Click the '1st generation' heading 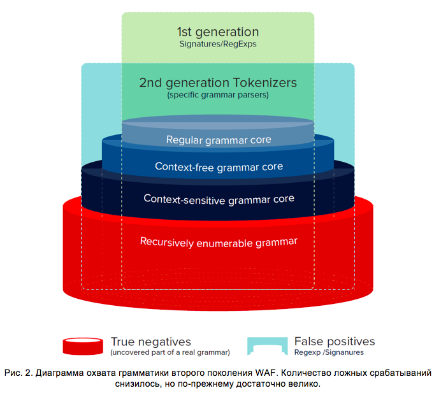click(218, 32)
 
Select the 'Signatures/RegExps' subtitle click(218, 44)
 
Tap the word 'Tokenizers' click(265, 83)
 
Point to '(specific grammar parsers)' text click(218, 95)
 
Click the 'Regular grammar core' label click(219, 140)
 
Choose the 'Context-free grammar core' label click(219, 167)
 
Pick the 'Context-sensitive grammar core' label click(219, 199)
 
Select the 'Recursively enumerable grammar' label click(219, 243)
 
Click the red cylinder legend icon click(83, 346)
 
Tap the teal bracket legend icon click(268, 346)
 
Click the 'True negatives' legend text click(151, 342)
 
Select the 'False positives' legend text click(335, 341)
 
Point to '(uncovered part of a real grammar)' click(170, 352)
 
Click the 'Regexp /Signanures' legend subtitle click(329, 352)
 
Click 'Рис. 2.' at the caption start click(18, 373)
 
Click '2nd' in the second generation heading click(150, 83)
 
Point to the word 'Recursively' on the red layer click(167, 242)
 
